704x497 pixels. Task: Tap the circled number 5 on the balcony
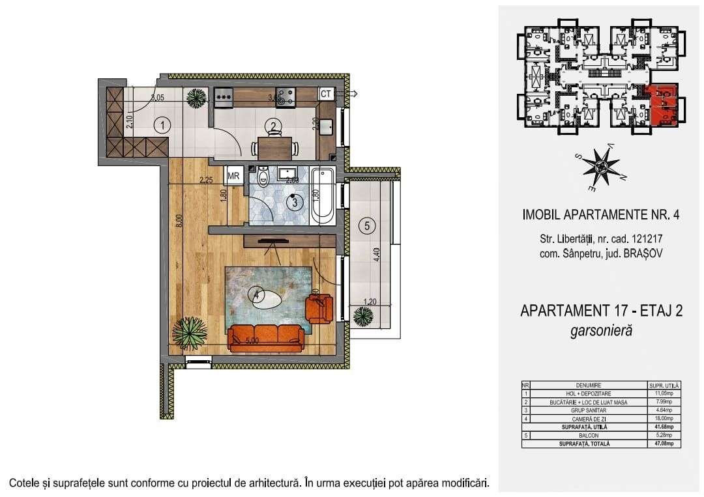[367, 226]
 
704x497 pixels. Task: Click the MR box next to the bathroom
[233, 176]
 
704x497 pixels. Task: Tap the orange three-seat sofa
[265, 337]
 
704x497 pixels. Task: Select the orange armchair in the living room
[319, 307]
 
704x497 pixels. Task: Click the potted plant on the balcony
[363, 317]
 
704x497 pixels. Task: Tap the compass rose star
[600, 167]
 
